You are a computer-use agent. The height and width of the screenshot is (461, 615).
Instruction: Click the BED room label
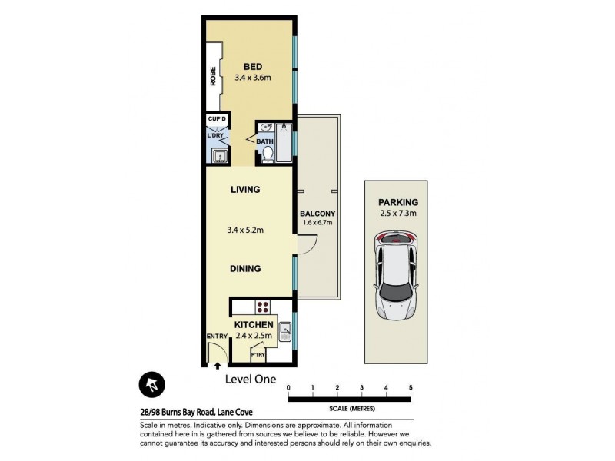(254, 65)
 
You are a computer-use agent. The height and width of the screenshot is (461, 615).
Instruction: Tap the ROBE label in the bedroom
(213, 77)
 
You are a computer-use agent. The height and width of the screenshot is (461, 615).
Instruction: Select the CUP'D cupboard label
(217, 119)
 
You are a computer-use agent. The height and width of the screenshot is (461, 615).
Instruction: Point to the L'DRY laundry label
(215, 136)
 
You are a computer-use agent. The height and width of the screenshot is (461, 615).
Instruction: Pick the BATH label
(265, 141)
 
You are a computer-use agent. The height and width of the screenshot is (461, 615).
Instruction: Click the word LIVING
(245, 189)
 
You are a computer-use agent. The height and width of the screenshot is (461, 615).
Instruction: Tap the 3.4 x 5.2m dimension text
(245, 228)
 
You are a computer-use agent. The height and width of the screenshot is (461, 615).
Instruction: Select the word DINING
(245, 269)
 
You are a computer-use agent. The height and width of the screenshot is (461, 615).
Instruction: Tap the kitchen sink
(284, 331)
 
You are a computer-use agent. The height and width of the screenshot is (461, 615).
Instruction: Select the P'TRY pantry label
(259, 355)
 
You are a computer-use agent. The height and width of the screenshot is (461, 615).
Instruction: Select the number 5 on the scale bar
(411, 387)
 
